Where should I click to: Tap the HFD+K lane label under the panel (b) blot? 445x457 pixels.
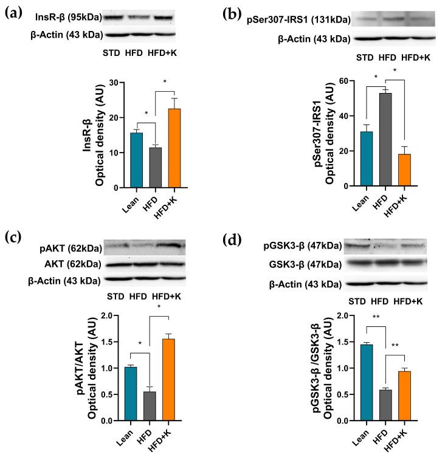416,58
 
